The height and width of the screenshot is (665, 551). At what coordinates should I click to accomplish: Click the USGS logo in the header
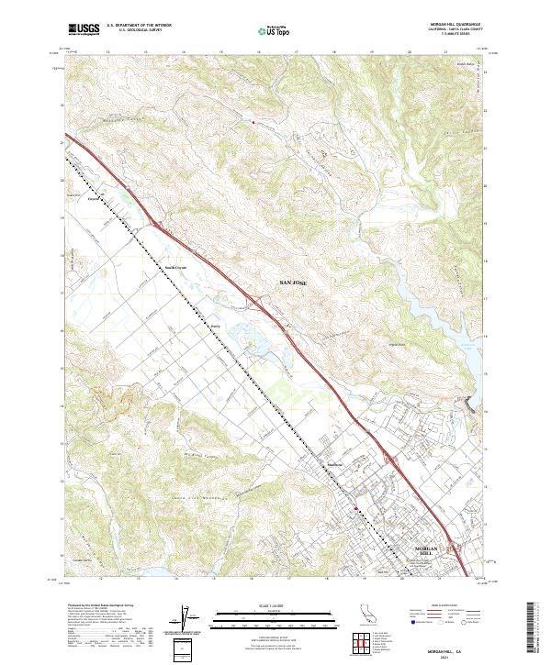[83, 29]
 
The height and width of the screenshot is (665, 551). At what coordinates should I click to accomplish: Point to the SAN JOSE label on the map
[294, 285]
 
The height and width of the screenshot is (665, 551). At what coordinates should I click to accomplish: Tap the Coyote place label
[93, 197]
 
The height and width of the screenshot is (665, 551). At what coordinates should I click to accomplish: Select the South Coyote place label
[174, 268]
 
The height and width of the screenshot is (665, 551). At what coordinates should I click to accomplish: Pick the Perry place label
[217, 325]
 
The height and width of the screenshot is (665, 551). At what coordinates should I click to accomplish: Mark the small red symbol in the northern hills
[253, 121]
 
